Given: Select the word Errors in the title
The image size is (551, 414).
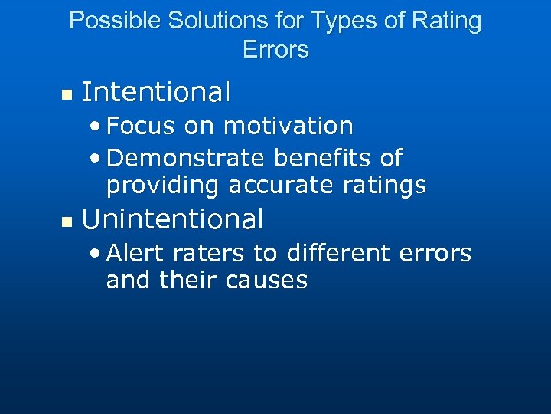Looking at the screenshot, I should tap(275, 50).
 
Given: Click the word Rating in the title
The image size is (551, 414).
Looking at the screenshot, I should tap(445, 21).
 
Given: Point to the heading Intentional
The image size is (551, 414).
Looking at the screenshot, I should tap(155, 92).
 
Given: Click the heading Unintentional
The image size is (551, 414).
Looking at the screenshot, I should tap(172, 219).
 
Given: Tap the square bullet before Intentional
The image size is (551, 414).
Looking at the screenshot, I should tap(66, 95).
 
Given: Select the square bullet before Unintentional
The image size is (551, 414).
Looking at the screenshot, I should tap(66, 222).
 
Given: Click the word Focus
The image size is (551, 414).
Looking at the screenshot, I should tap(140, 126).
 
